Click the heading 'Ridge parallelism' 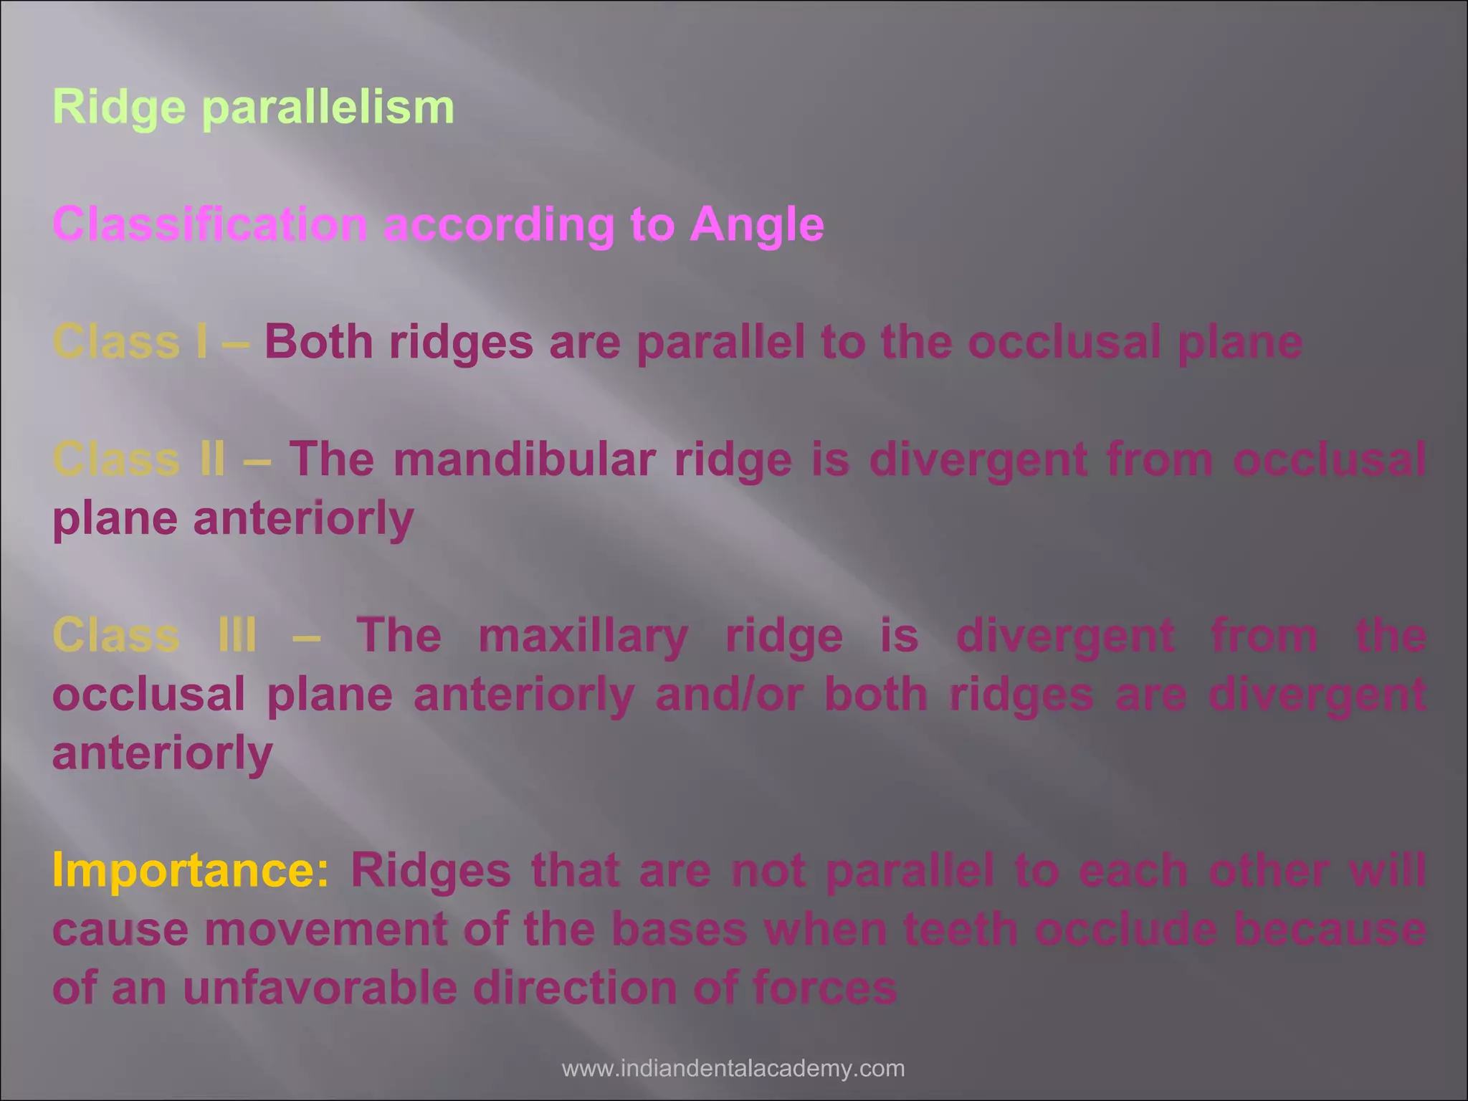(253, 108)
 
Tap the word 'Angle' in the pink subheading (757, 224)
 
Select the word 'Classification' (210, 224)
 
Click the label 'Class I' (130, 342)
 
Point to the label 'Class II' (138, 459)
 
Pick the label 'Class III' (154, 635)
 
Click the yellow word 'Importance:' (191, 870)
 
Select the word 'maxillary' (583, 635)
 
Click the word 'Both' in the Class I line (319, 342)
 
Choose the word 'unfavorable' (320, 988)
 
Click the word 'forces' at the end (824, 988)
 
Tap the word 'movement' (325, 929)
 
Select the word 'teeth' (961, 929)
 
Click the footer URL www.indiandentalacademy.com (733, 1069)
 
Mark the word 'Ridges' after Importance (430, 870)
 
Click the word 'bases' (680, 929)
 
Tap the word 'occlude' (1126, 929)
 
